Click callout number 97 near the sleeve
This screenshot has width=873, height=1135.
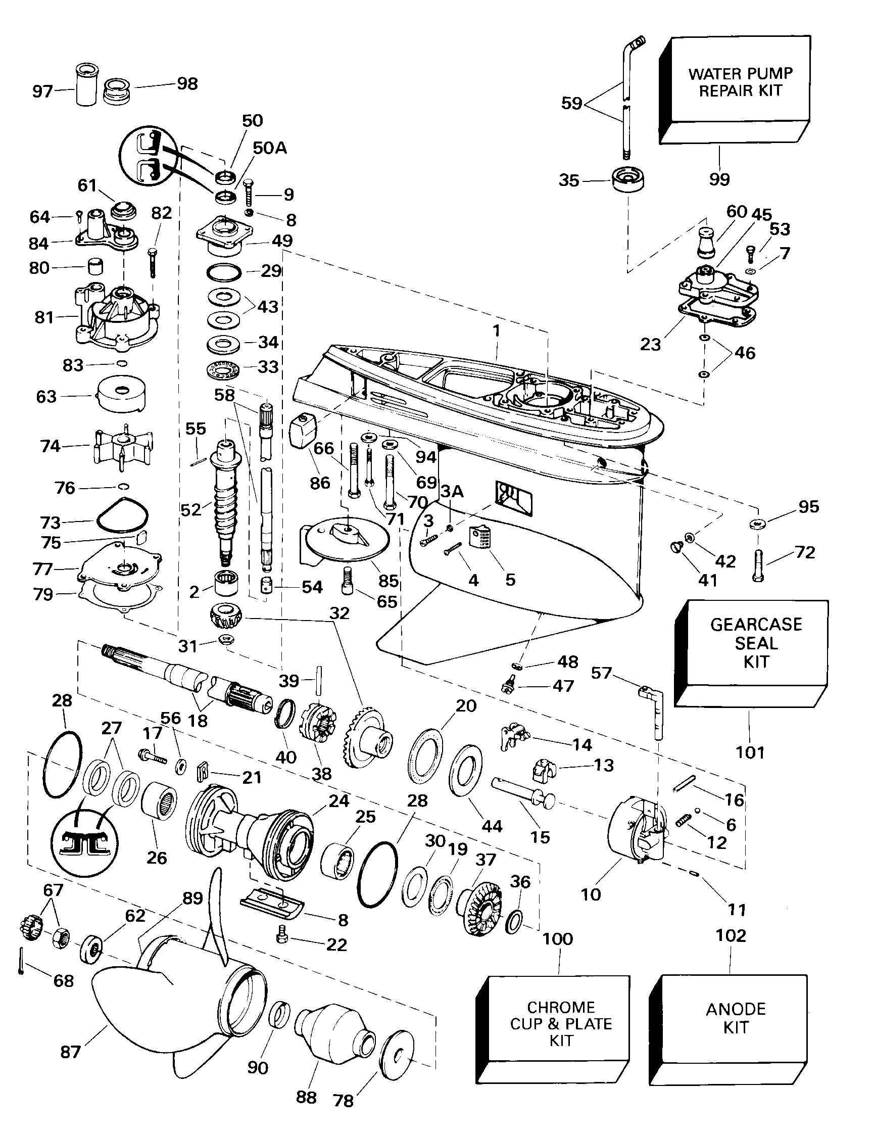(42, 91)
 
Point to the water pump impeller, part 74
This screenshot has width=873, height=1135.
(123, 446)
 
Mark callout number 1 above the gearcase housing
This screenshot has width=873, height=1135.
(497, 330)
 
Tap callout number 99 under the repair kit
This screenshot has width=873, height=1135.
(719, 179)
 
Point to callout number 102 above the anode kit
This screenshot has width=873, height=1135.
(731, 935)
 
